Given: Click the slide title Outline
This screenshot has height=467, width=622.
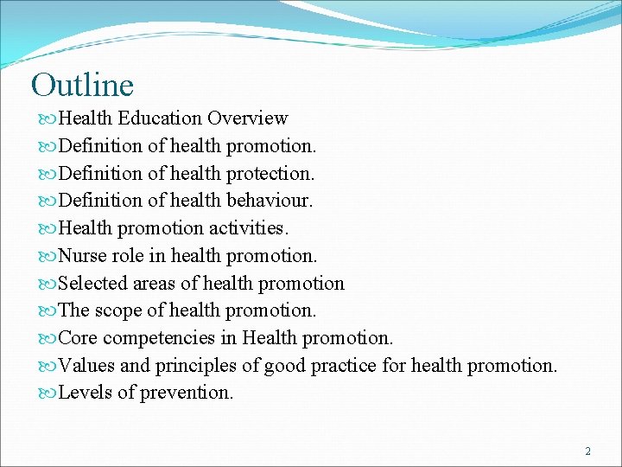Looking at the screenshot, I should [x=82, y=85].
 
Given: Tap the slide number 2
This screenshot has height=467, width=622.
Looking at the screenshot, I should [x=588, y=451].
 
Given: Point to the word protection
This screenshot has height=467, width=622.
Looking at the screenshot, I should [x=270, y=173].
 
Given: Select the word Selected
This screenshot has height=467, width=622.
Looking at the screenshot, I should [x=92, y=284].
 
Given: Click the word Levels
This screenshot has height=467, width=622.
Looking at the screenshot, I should [x=85, y=393].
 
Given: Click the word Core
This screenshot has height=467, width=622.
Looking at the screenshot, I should [x=77, y=338].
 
